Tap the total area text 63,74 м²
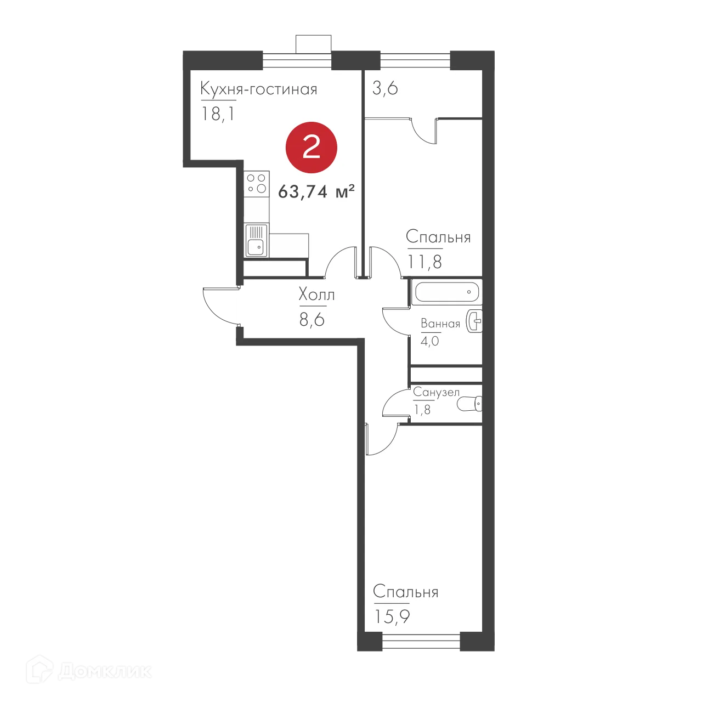click(x=316, y=191)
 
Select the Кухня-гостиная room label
click(x=258, y=89)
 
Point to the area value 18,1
click(x=218, y=114)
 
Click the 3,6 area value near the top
click(x=385, y=88)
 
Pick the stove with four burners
click(x=256, y=184)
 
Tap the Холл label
click(x=316, y=295)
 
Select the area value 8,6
click(x=312, y=320)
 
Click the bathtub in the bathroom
click(x=446, y=292)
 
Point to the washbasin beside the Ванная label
click(x=475, y=321)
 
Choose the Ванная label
click(x=440, y=324)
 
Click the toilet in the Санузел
click(x=469, y=405)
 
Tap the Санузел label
click(x=436, y=392)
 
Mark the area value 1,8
click(x=422, y=410)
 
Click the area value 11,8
click(x=424, y=262)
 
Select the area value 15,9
click(x=392, y=617)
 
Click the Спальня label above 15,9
click(x=405, y=592)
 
